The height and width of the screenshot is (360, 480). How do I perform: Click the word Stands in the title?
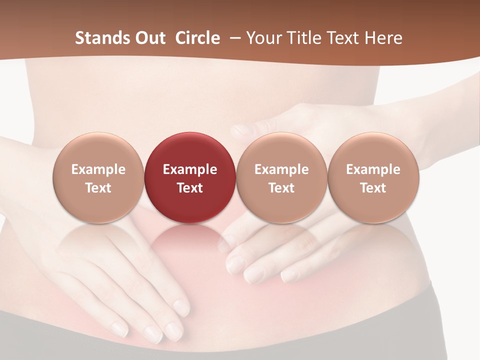pyautogui.click(x=100, y=38)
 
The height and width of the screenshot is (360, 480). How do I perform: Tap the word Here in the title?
pyautogui.click(x=383, y=38)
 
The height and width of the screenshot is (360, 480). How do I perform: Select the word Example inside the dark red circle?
pyautogui.click(x=190, y=169)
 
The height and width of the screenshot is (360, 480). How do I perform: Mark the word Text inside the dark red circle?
pyautogui.click(x=190, y=188)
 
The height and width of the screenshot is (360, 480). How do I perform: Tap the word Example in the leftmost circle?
pyautogui.click(x=98, y=169)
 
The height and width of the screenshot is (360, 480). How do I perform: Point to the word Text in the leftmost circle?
pyautogui.click(x=98, y=188)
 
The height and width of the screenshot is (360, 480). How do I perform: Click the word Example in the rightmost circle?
pyautogui.click(x=373, y=169)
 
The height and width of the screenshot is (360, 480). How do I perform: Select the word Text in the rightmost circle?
pyautogui.click(x=373, y=188)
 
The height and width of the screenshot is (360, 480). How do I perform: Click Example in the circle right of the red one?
pyautogui.click(x=281, y=169)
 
